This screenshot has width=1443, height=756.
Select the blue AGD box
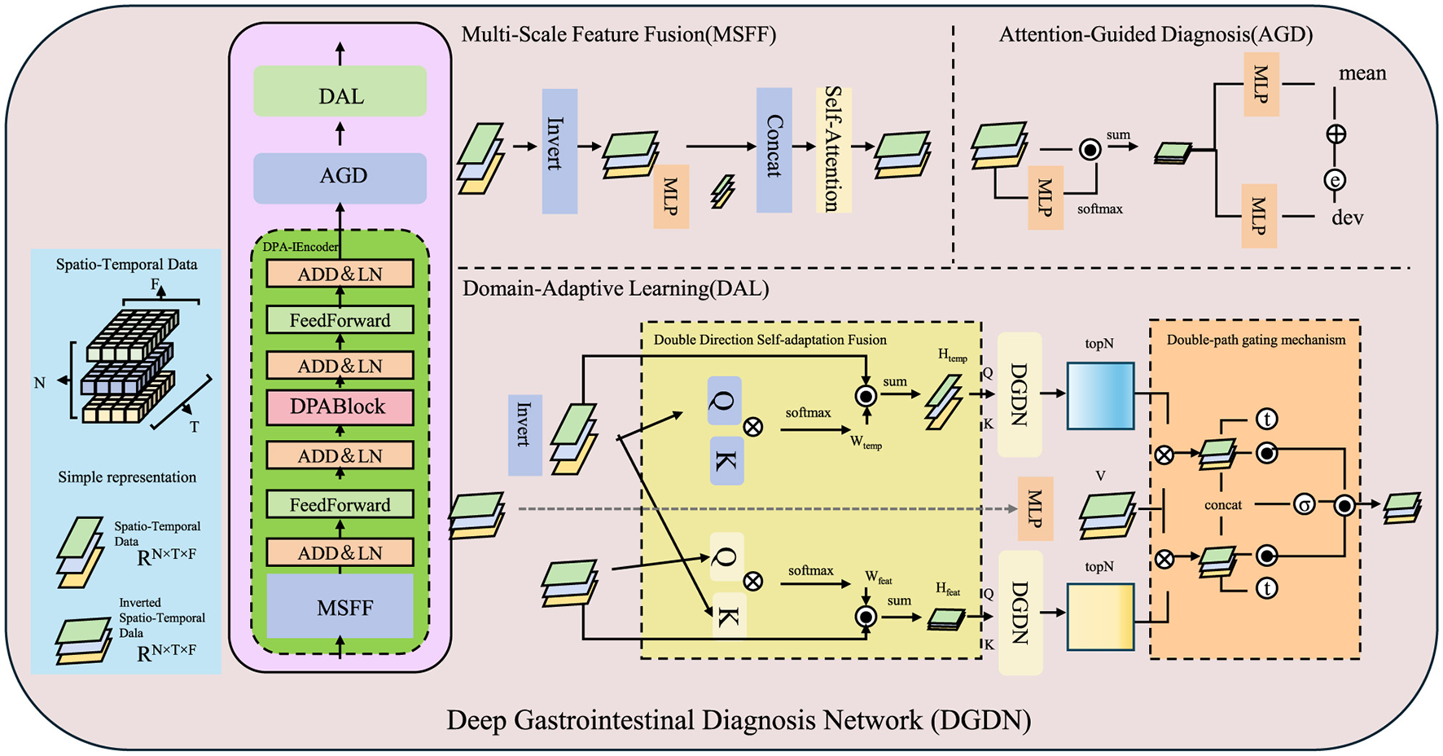[x=340, y=177]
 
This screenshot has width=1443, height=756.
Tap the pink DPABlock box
[x=340, y=407]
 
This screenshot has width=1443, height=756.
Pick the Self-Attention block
[x=833, y=150]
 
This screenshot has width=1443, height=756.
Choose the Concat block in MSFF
[x=774, y=150]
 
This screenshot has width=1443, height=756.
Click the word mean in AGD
[x=1362, y=74]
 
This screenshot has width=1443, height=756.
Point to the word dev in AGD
[x=1347, y=218]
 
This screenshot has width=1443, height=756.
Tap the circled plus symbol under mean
[x=1336, y=134]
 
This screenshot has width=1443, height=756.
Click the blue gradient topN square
[x=1100, y=396]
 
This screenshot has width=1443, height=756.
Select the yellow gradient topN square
[x=1100, y=616]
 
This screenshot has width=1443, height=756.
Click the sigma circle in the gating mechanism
[x=1305, y=505]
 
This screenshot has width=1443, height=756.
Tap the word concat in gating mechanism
[x=1222, y=505]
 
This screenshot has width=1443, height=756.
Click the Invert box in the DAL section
[x=525, y=434]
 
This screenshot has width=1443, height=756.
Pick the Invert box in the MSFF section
[x=559, y=150]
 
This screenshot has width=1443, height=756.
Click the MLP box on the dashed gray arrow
[x=1035, y=509]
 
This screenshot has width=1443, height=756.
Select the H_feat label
[x=947, y=589]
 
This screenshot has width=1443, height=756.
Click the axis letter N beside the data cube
[x=39, y=383]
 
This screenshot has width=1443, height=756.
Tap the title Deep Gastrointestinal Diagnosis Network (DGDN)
[x=739, y=720]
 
